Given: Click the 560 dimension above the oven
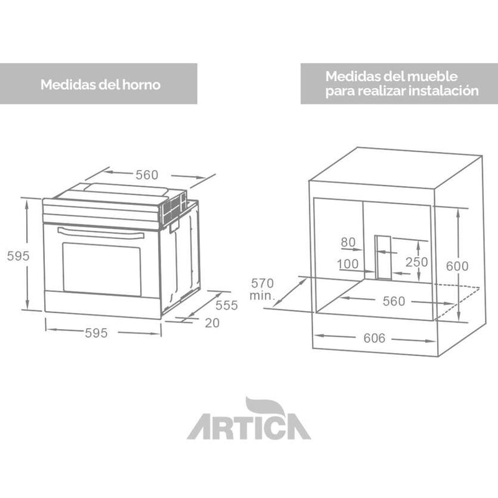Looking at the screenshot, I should (x=147, y=175).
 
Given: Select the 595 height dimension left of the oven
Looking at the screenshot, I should (x=16, y=256).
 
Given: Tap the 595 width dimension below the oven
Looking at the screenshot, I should (x=96, y=333).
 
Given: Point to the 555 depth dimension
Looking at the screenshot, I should (x=227, y=306).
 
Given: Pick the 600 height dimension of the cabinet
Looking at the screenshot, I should (x=458, y=265).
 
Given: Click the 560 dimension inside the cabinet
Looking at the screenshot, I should (x=393, y=301).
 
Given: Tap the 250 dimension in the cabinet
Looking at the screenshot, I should (x=416, y=262).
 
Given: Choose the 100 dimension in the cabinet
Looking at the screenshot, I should (x=347, y=264).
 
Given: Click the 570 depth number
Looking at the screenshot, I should (x=262, y=284).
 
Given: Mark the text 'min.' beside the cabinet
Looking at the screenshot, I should (x=261, y=296).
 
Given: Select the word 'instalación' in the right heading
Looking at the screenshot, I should (x=444, y=90).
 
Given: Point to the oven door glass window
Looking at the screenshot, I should (x=101, y=268).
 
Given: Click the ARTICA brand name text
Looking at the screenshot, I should (x=248, y=428).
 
